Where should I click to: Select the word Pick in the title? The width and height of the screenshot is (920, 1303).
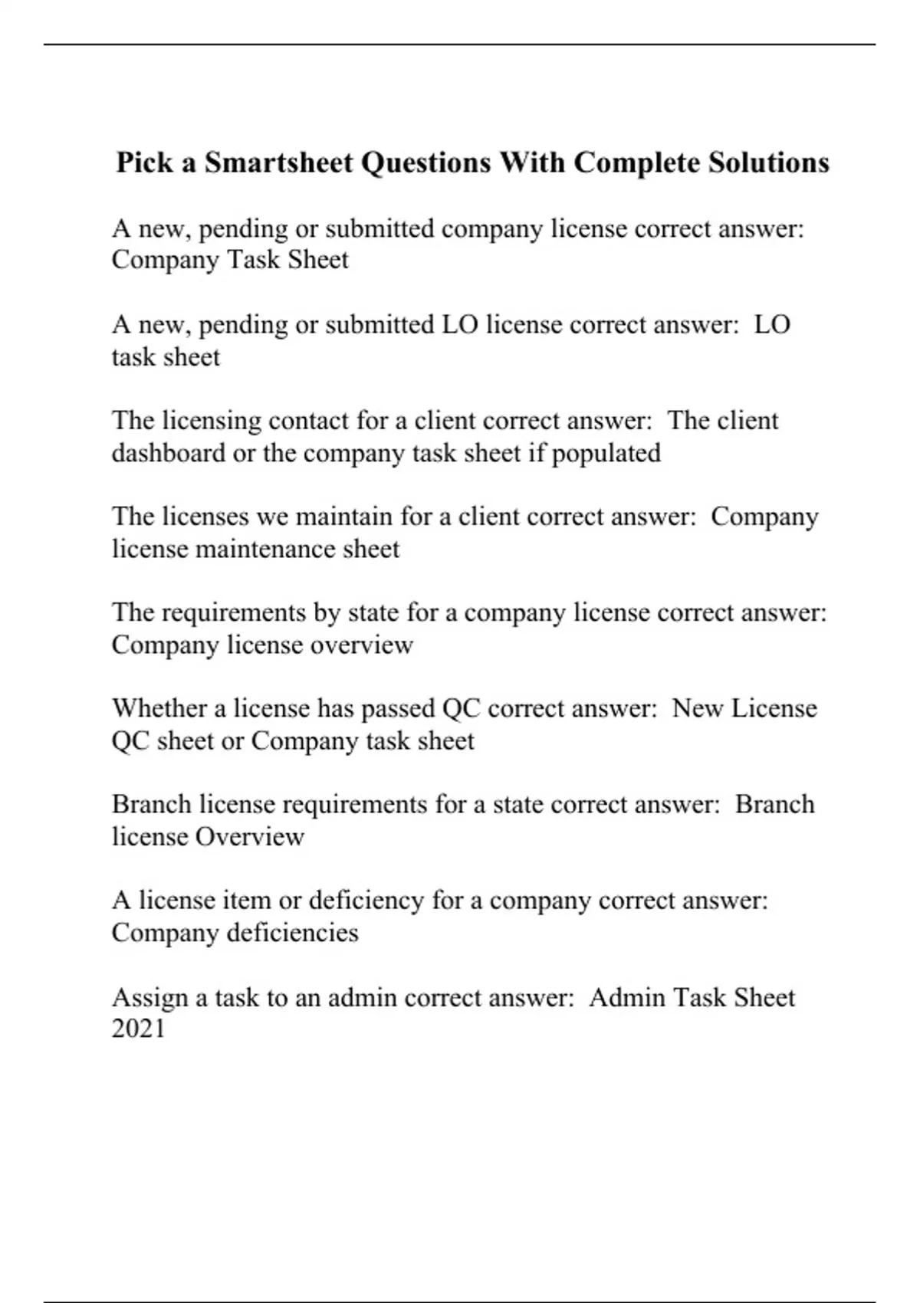[x=145, y=163]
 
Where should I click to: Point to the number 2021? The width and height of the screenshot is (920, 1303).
[x=139, y=1029]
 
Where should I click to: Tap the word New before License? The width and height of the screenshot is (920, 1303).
[x=698, y=708]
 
